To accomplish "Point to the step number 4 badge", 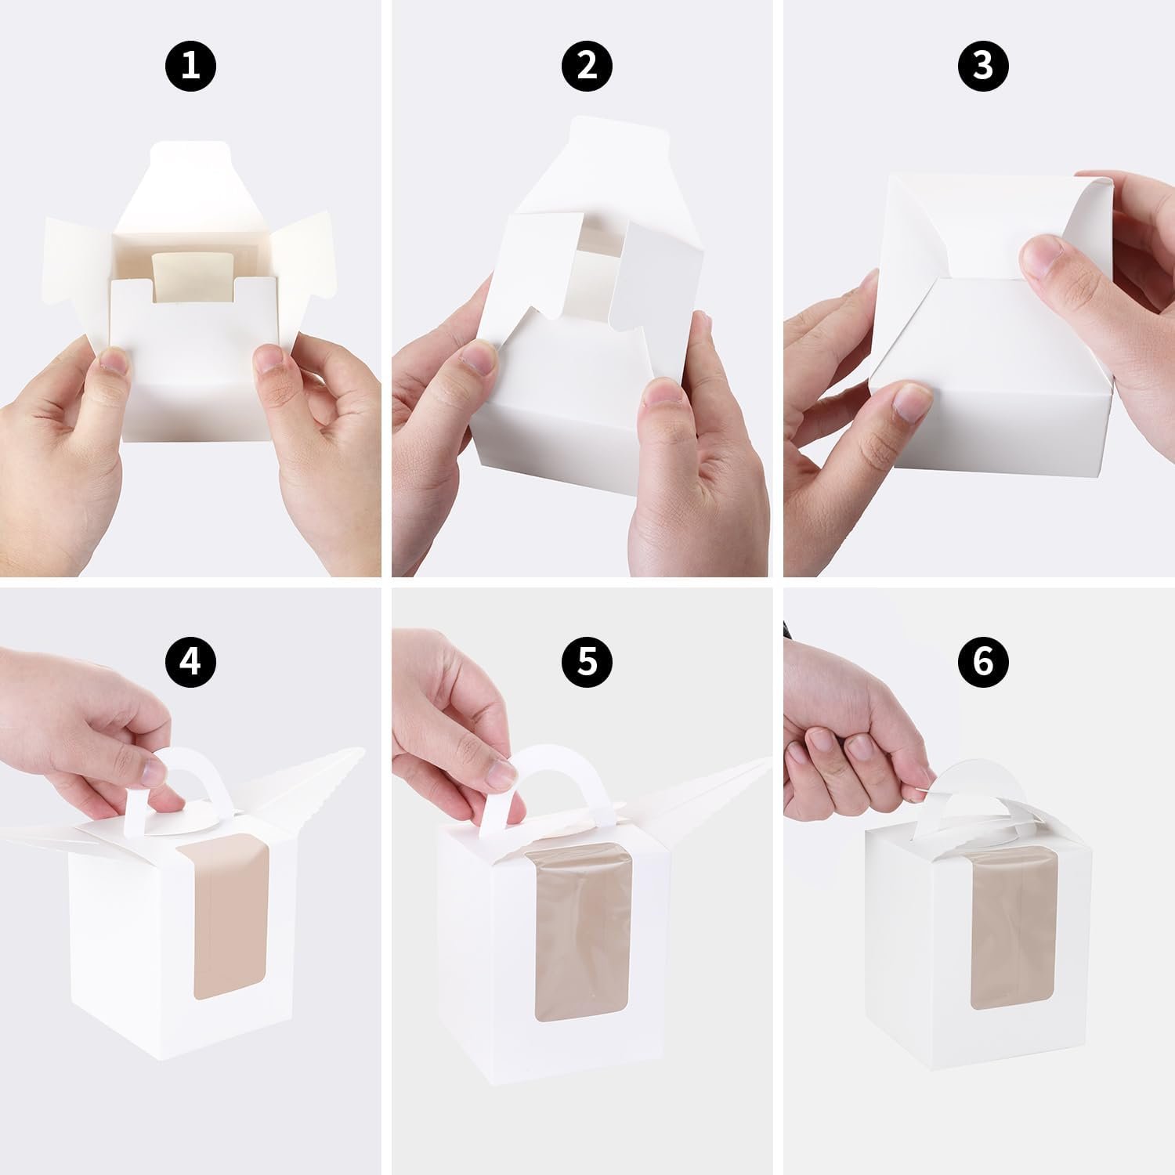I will pos(190,663).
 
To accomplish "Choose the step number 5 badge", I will pos(587,663).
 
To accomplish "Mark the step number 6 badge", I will pos(983,663).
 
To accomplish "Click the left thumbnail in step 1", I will pos(114,362).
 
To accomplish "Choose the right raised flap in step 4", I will pos(313,775).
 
